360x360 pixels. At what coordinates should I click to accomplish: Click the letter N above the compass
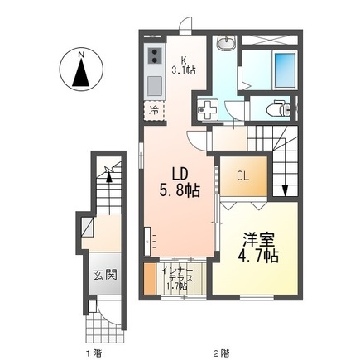coord(80,55)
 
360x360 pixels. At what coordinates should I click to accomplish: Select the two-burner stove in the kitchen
coord(154,57)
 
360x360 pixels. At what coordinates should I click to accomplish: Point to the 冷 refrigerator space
coord(155,109)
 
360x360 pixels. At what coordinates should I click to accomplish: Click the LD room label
coord(182,174)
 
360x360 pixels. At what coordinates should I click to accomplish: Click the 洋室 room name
coord(257,239)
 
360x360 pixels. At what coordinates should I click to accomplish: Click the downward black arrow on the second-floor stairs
coord(286,190)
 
